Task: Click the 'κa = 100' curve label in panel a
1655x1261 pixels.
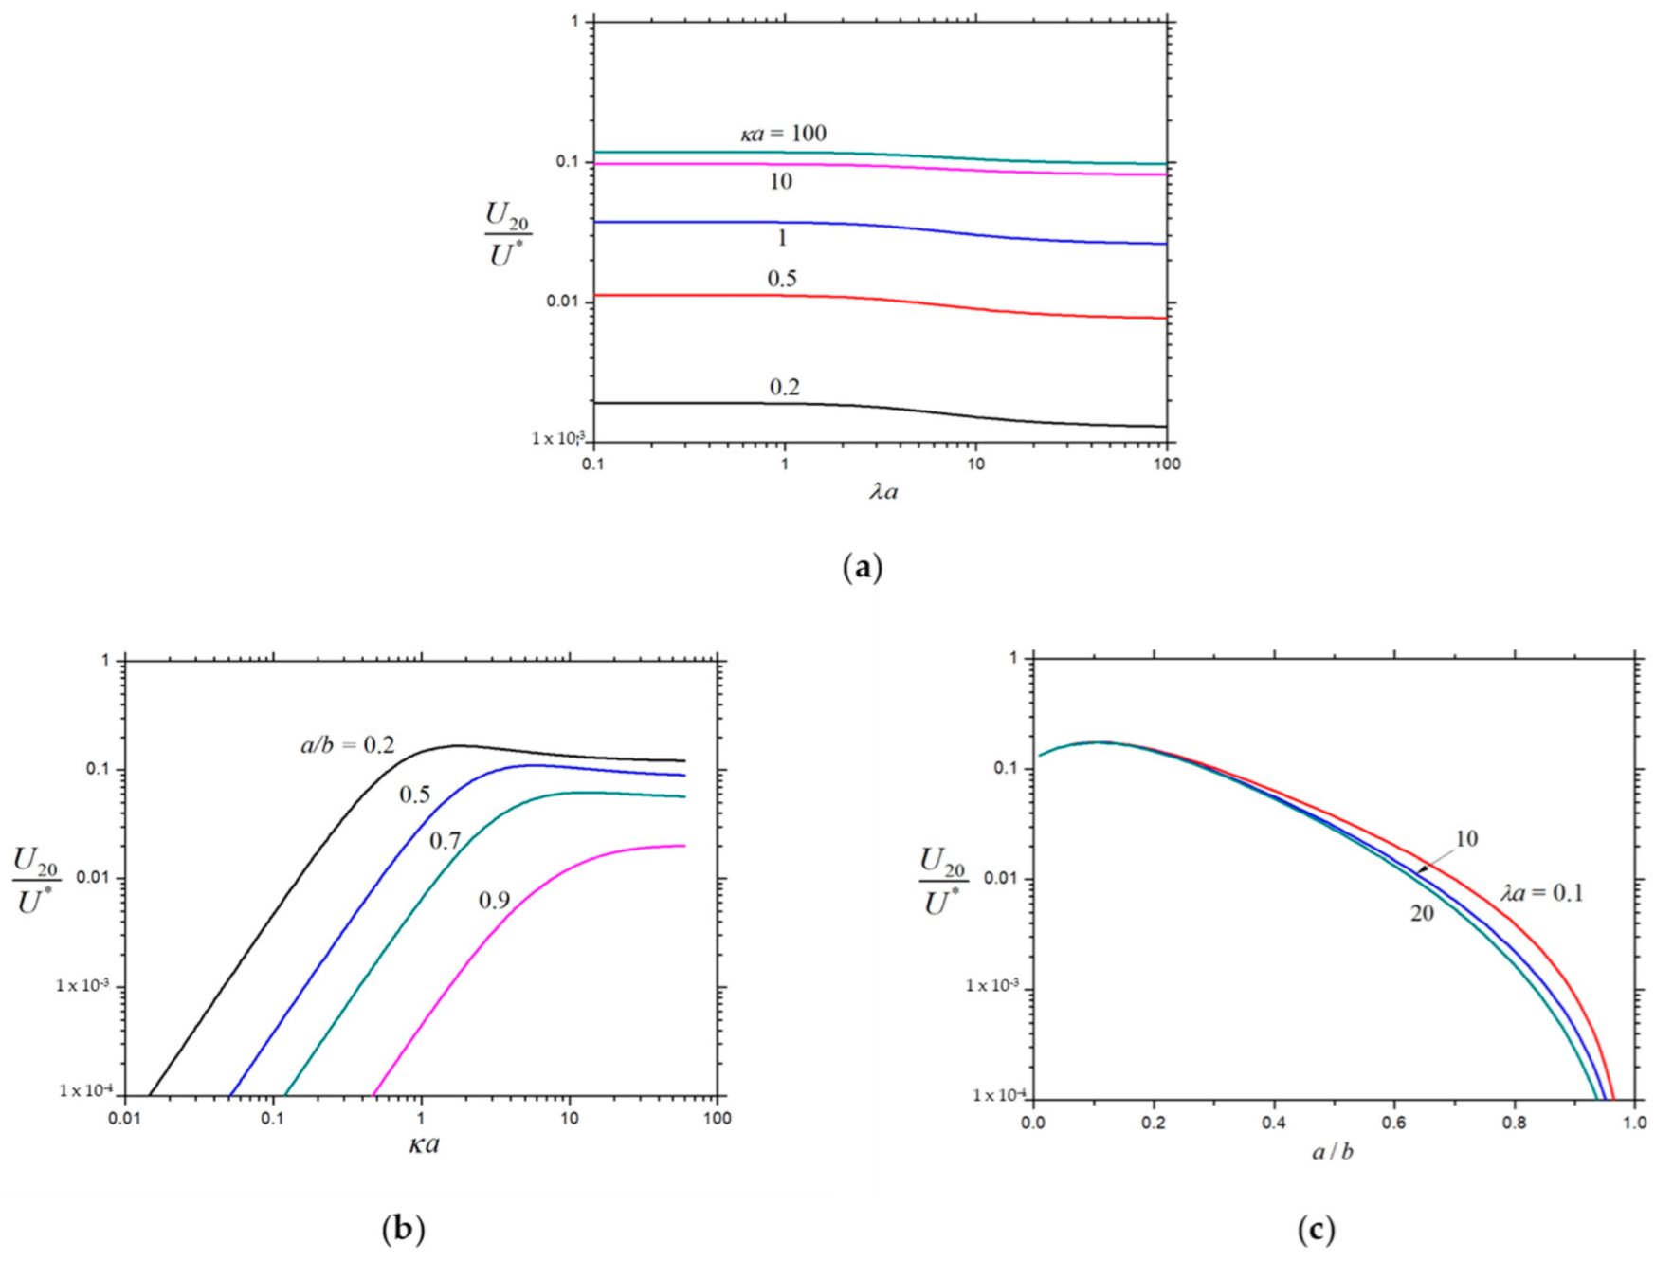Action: coord(783,134)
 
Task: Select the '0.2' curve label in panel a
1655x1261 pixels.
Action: coord(784,387)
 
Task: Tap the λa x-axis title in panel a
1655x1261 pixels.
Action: coord(883,491)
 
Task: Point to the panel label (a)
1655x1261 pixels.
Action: coord(862,568)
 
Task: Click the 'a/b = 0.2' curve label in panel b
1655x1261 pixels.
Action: coord(347,746)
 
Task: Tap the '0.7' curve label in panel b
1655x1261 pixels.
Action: coord(445,840)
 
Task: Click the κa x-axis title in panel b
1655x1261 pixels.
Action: coord(424,1143)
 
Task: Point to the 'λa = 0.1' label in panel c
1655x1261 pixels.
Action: coord(1541,892)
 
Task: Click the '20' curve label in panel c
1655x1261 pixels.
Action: coord(1422,913)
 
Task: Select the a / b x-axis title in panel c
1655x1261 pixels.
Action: coord(1333,1152)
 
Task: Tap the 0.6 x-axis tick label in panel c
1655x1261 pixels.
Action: coord(1393,1123)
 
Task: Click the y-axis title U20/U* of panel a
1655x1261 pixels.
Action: coord(507,234)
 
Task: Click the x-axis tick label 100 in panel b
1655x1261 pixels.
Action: coord(718,1119)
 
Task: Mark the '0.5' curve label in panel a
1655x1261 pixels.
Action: coord(782,278)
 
